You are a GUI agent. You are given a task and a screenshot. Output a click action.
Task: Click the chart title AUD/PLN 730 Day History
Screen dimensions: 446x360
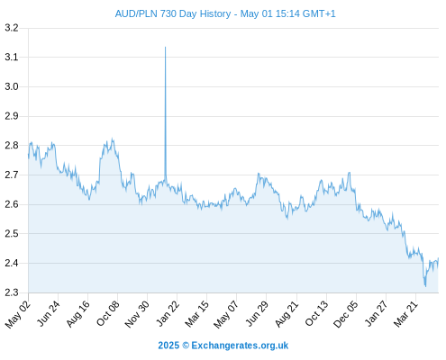pyautogui.click(x=173, y=13)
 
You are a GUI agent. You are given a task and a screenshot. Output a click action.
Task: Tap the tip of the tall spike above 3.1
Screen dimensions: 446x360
pyautogui.click(x=165, y=47)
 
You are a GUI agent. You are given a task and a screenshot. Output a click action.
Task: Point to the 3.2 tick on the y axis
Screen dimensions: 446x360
pyautogui.click(x=12, y=28)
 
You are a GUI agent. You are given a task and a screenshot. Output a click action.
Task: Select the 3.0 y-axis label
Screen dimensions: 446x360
pyautogui.click(x=12, y=86)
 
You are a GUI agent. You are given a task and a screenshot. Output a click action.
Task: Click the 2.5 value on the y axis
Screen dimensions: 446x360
pyautogui.click(x=12, y=233)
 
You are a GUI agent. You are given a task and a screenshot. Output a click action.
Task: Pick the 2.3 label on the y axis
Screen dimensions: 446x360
pyautogui.click(x=12, y=292)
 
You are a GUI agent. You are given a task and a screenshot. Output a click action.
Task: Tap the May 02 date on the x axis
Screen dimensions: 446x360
pyautogui.click(x=18, y=314)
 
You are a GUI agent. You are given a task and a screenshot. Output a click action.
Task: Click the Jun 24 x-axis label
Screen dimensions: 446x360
pyautogui.click(x=48, y=313)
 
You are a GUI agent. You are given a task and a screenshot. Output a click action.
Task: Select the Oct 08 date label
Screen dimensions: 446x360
pyautogui.click(x=108, y=313)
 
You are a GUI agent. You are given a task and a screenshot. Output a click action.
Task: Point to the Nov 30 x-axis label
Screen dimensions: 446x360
pyautogui.click(x=137, y=314)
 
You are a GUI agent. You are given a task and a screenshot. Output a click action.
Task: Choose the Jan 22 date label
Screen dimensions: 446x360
pyautogui.click(x=168, y=313)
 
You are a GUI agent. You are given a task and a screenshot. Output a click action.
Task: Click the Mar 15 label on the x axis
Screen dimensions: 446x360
pyautogui.click(x=196, y=314)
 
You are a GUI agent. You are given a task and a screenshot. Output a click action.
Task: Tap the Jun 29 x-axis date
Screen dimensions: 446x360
pyautogui.click(x=257, y=313)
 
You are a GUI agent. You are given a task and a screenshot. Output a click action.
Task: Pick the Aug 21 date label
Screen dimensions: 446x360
pyautogui.click(x=287, y=313)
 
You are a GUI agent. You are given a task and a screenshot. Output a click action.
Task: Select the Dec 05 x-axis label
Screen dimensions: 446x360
pyautogui.click(x=346, y=314)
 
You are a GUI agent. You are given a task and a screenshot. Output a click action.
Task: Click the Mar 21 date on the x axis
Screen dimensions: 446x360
pyautogui.click(x=405, y=314)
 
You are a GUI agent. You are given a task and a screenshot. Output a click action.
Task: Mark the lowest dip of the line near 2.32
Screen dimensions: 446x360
pyautogui.click(x=425, y=286)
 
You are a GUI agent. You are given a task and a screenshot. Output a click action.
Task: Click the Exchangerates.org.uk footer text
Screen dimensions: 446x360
pyautogui.click(x=240, y=346)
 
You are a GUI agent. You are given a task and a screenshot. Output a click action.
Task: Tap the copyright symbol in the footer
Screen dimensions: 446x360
pyautogui.click(x=186, y=346)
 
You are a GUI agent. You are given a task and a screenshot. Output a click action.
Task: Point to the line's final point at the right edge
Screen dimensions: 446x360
pyautogui.click(x=438, y=258)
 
